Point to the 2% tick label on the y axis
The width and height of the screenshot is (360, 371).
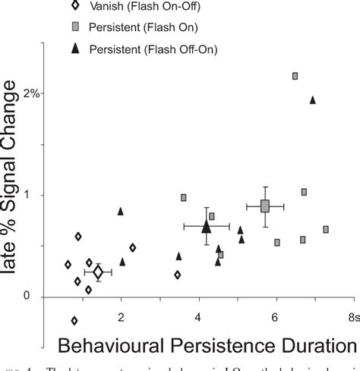tap(29, 93)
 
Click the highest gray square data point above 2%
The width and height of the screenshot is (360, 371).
tap(295, 76)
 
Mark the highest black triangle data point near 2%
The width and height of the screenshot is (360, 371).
tap(312, 99)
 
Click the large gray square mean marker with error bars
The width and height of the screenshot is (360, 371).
tap(265, 206)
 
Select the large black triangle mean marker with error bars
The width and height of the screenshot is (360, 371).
tap(207, 226)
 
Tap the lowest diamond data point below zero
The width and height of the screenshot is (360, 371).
tap(74, 320)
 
